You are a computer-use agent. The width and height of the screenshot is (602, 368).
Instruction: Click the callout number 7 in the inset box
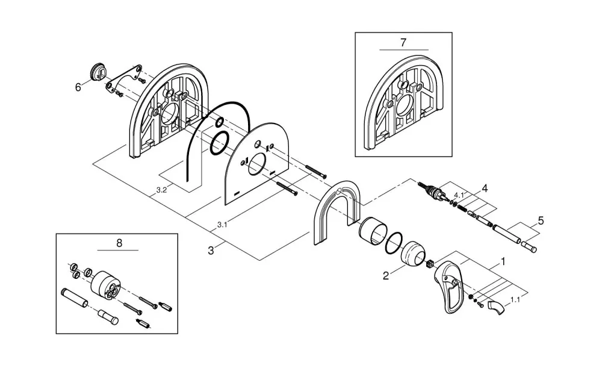click(403, 42)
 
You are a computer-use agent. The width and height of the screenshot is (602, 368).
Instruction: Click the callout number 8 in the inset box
click(119, 243)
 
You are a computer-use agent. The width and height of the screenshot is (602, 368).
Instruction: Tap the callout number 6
click(78, 87)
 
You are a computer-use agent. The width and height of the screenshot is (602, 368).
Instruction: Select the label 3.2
click(161, 190)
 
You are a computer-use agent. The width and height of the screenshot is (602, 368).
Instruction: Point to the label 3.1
click(222, 225)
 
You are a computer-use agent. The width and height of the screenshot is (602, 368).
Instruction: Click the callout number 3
click(211, 251)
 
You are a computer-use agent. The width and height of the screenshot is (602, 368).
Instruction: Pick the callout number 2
click(386, 275)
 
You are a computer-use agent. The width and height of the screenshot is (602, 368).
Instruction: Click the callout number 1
click(503, 261)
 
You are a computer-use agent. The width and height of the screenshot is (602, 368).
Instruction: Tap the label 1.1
click(515, 299)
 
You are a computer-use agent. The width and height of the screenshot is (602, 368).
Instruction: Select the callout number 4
click(485, 189)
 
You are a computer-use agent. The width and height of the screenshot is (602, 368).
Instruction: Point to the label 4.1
click(459, 195)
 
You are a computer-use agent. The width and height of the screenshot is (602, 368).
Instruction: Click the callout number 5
click(541, 221)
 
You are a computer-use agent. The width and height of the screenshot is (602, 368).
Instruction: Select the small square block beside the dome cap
click(430, 264)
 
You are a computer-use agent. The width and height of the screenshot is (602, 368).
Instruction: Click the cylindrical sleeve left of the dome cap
click(372, 230)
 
